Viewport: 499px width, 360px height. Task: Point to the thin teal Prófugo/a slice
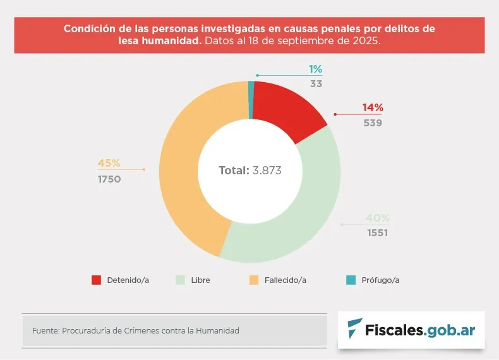(x=251, y=99)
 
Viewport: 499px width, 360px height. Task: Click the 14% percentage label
(x=373, y=108)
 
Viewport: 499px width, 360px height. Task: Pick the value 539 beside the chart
(x=373, y=123)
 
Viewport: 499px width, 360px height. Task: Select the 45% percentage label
(x=109, y=163)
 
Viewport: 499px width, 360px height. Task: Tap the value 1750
(x=109, y=179)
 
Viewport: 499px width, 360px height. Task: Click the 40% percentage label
(x=378, y=219)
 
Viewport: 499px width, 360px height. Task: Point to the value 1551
(x=377, y=233)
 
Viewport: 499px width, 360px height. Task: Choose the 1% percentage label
(x=316, y=69)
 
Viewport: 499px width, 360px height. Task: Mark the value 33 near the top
(x=316, y=83)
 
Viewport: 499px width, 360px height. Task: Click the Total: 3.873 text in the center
(x=249, y=171)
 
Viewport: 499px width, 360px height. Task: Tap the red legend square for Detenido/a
(x=97, y=280)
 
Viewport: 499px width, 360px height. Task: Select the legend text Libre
(x=201, y=280)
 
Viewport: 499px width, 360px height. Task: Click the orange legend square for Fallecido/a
(x=254, y=280)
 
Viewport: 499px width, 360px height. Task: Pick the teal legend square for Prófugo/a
(x=351, y=280)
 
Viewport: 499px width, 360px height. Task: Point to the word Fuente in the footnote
(x=44, y=330)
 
